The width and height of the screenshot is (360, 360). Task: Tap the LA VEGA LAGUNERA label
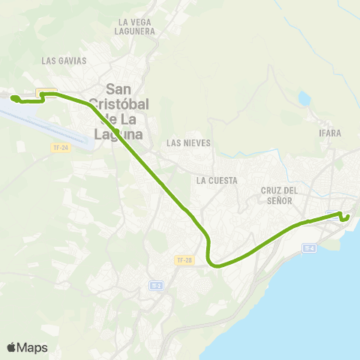[x=136, y=27]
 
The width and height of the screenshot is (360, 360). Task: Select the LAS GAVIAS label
[x=64, y=60]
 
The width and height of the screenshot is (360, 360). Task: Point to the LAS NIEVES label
[x=189, y=142]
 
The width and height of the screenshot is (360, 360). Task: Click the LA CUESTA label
[x=217, y=181]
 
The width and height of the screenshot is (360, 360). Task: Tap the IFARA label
[x=330, y=133]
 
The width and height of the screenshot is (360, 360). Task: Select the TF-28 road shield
[x=184, y=259]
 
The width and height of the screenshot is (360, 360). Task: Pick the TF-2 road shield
[x=156, y=286]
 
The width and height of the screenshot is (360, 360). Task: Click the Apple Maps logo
[x=27, y=347]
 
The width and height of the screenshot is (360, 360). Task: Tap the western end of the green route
[x=13, y=98]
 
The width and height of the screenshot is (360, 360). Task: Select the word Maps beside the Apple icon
[x=33, y=347]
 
